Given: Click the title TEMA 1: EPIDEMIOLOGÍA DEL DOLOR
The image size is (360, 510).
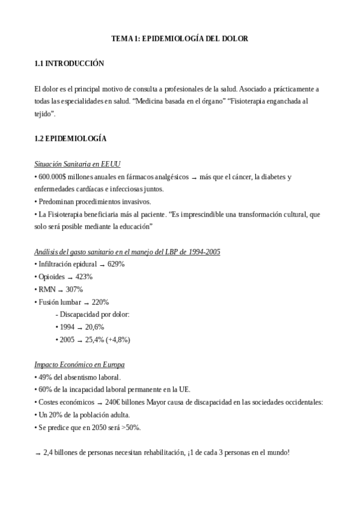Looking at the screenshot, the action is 180,38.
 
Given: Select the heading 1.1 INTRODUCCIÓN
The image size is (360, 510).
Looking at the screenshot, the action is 69,64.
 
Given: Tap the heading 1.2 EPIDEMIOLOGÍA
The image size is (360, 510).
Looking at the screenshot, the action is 70,139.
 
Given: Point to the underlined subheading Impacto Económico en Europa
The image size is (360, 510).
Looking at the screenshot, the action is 79,364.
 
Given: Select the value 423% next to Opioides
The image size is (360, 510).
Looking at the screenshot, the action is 84,277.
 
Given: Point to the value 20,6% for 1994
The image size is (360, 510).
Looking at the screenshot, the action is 95,327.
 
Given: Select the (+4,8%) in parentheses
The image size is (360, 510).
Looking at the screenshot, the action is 118,340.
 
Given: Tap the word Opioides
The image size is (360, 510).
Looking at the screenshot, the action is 51,277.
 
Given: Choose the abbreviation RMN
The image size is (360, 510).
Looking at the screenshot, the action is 46,289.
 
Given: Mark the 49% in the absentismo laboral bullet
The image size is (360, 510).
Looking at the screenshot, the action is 45,377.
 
